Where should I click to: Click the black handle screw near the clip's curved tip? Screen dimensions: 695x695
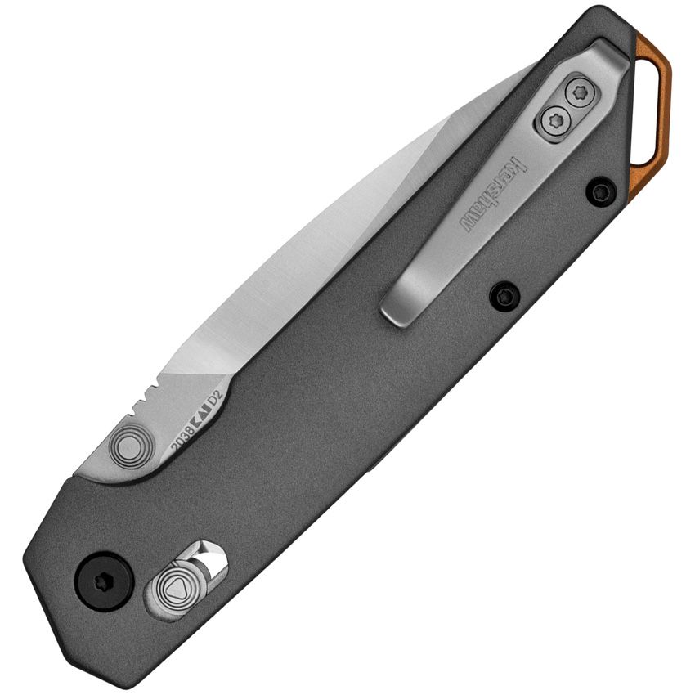point(504,295)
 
